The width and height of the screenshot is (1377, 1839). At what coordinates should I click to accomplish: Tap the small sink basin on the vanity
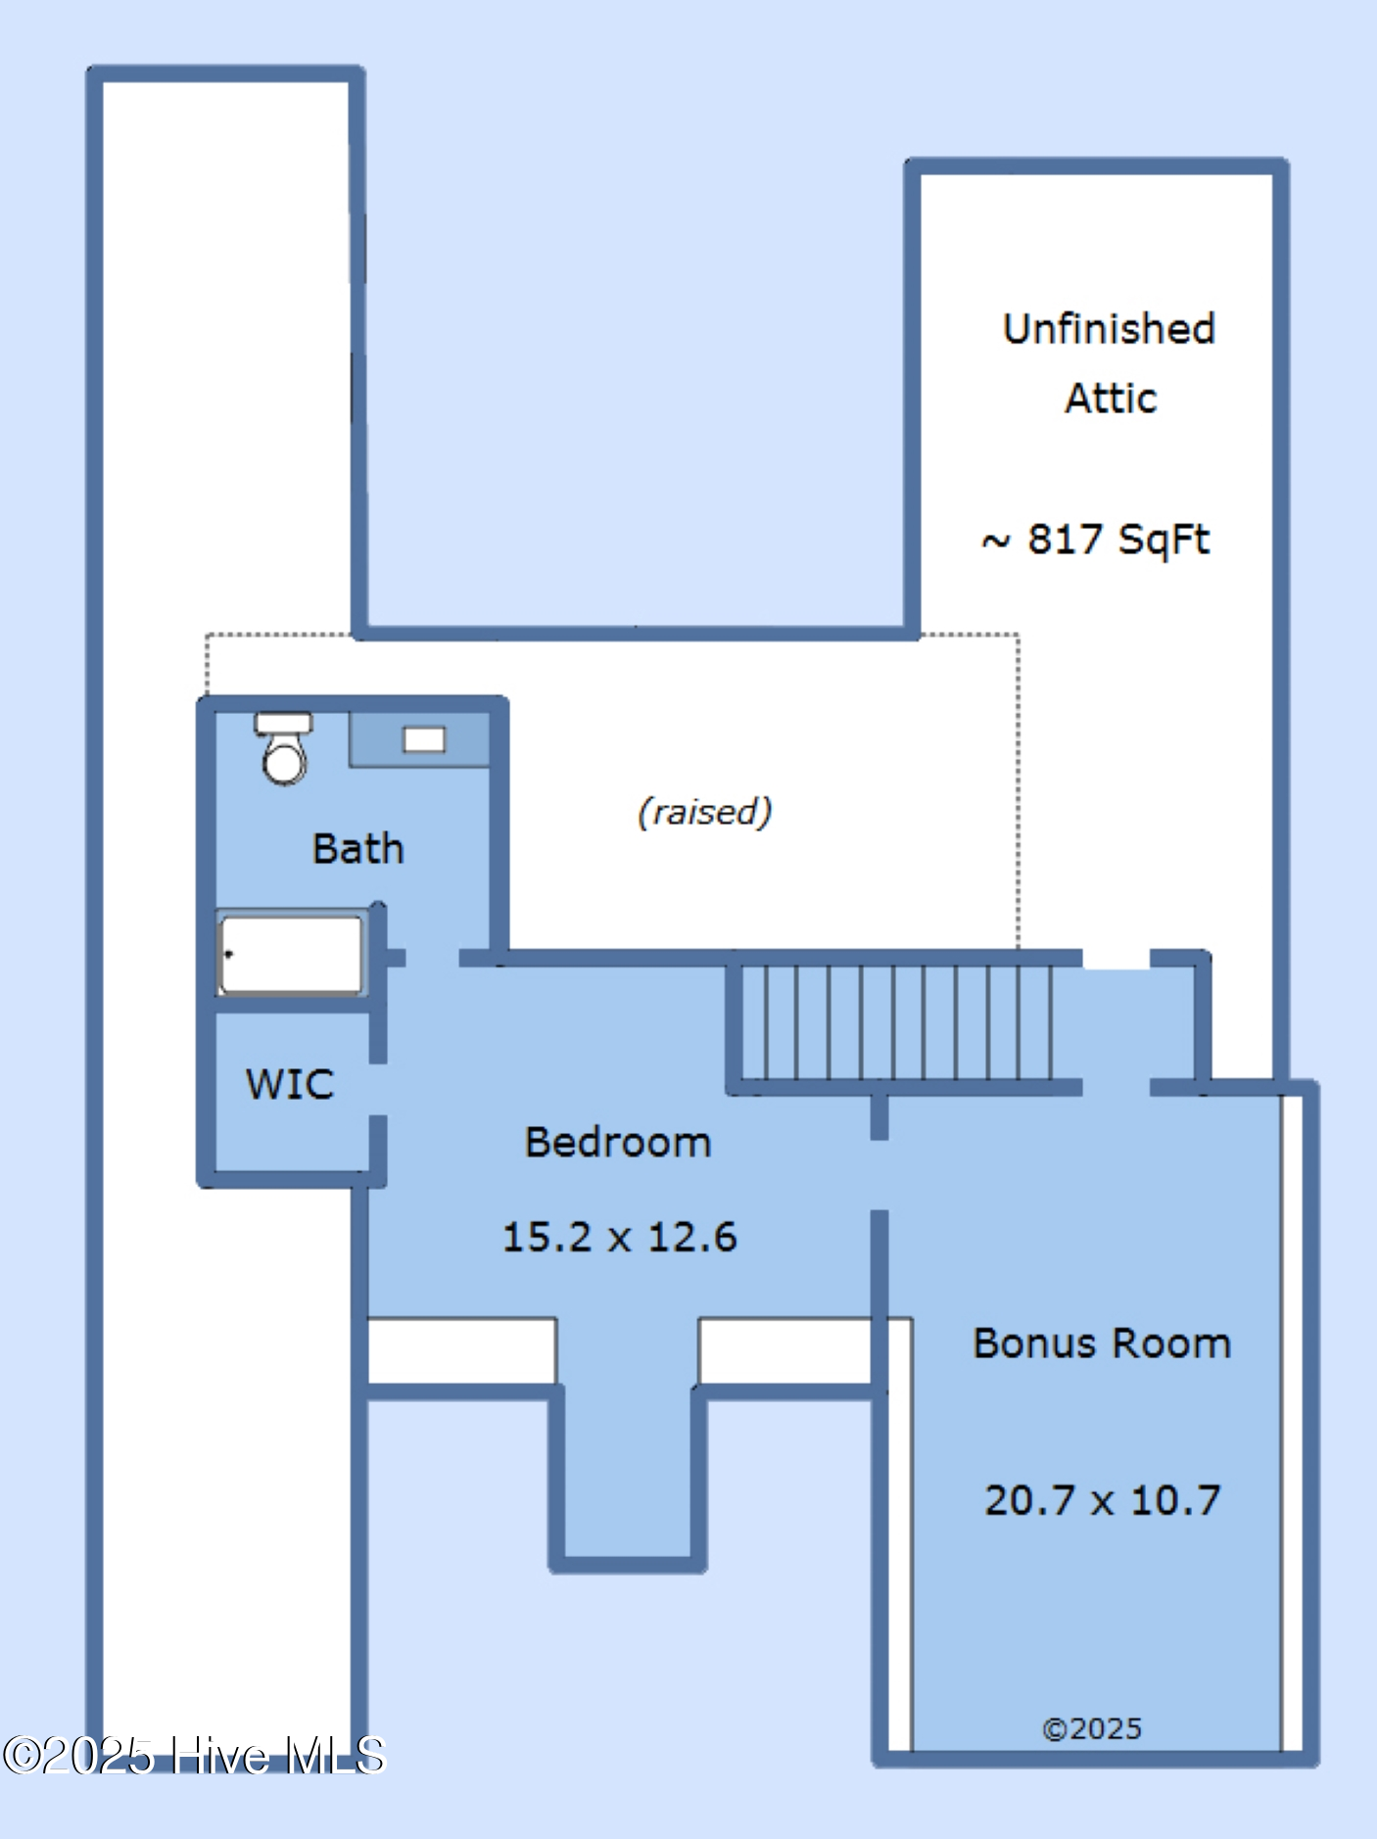point(424,739)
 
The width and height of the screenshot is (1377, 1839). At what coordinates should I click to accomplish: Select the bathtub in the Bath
point(291,954)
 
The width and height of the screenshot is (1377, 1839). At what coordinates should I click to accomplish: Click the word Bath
point(357,848)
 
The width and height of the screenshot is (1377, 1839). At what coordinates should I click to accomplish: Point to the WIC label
point(290,1084)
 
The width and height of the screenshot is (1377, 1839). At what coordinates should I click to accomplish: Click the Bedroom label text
point(618,1142)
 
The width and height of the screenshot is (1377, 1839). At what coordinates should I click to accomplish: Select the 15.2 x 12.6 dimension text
point(619,1237)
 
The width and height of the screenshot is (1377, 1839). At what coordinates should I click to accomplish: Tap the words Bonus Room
point(1102,1343)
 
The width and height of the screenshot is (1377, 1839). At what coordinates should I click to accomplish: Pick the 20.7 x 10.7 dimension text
point(1102,1500)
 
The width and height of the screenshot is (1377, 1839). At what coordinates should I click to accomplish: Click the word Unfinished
point(1109,329)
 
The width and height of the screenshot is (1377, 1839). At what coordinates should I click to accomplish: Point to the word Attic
point(1111,399)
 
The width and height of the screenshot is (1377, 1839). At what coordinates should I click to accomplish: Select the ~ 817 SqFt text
point(1096,540)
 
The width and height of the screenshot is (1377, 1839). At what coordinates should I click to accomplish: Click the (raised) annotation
point(705,812)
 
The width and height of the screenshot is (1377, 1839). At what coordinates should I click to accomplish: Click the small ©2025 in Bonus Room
point(1092,1728)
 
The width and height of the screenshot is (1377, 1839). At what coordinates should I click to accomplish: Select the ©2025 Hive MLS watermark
point(194,1756)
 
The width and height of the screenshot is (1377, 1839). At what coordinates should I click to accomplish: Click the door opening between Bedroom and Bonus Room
point(879,1175)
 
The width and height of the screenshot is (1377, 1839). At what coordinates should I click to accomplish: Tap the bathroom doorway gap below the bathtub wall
point(432,958)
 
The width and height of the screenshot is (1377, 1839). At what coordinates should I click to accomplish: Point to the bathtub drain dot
point(229,953)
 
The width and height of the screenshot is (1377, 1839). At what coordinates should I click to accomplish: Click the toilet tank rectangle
point(284,723)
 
